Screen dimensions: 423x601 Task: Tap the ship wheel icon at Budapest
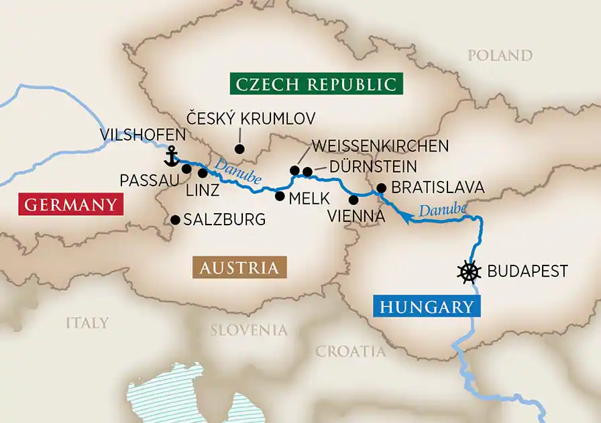coord(470,271)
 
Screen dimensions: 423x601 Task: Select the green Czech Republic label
coord(315,84)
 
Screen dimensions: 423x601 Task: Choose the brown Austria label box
coord(239,267)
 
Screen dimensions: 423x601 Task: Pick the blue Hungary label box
coord(426,307)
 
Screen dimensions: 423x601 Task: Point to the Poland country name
coord(500,56)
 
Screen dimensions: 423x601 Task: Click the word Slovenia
coord(249,330)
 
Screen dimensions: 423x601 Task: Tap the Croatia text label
coord(351,351)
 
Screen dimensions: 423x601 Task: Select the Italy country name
coord(87,323)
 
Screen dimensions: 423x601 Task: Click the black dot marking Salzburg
coord(175,219)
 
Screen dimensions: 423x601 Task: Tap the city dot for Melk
coord(280,196)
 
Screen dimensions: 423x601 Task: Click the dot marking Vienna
coord(353,199)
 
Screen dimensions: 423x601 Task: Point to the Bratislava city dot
coord(381,188)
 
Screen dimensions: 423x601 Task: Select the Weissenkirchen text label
coord(380,146)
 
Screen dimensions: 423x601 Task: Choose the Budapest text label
coord(527,271)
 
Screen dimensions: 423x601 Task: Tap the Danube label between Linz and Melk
coord(232,167)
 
